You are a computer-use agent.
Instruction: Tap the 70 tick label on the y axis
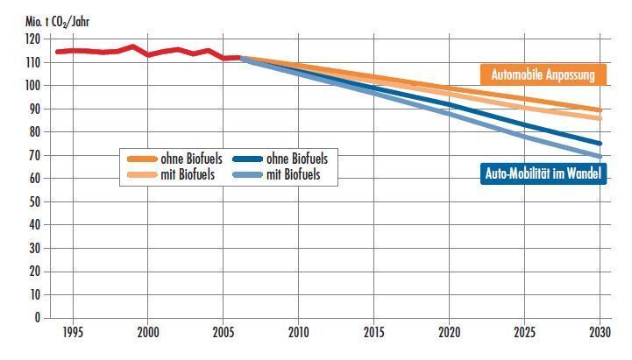click(x=34, y=155)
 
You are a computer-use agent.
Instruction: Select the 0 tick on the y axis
click(x=37, y=317)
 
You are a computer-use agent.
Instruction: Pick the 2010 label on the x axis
click(x=299, y=334)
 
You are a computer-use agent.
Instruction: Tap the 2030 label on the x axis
click(x=600, y=334)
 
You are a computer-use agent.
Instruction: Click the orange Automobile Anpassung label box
click(x=543, y=75)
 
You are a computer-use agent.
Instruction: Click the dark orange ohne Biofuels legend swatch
click(x=141, y=159)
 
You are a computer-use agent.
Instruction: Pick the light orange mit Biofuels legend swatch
click(x=141, y=174)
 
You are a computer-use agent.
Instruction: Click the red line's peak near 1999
click(x=132, y=46)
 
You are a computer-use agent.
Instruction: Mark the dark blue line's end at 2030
click(x=600, y=144)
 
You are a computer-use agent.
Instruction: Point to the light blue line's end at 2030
click(x=600, y=157)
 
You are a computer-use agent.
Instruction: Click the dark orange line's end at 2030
click(x=600, y=110)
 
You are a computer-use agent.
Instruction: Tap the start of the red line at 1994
click(x=57, y=52)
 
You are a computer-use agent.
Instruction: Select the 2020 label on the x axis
click(x=450, y=334)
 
